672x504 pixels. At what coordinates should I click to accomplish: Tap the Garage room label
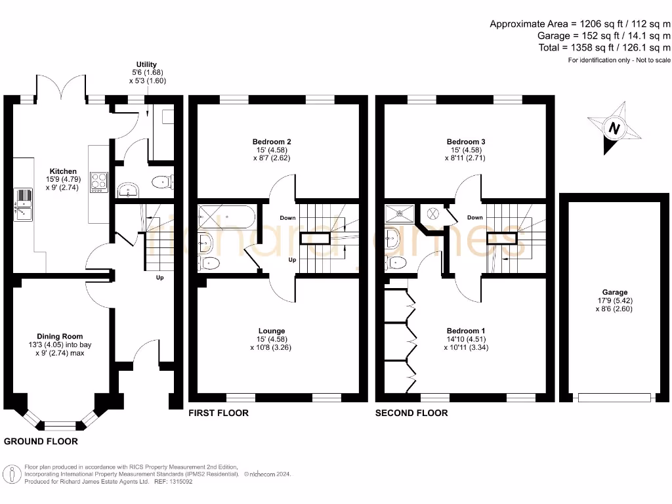pos(615,293)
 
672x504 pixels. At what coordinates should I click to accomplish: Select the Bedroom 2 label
pos(272,142)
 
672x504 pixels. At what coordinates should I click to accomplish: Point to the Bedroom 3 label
pos(466,142)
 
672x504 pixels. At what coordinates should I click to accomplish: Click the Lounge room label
pos(272,331)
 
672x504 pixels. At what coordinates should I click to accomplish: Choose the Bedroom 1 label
pos(466,331)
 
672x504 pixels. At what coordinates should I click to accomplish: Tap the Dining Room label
pos(60,337)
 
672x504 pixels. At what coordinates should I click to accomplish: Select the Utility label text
pos(147,64)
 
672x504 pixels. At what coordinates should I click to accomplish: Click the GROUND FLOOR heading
pos(41,442)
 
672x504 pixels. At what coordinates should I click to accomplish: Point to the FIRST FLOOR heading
pos(219,413)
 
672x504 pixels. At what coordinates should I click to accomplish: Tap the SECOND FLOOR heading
pos(411,413)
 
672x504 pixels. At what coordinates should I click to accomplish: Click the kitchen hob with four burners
pos(98,181)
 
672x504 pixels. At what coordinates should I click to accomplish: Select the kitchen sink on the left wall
pos(23,203)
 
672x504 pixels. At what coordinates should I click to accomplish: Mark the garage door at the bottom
pos(614,397)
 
